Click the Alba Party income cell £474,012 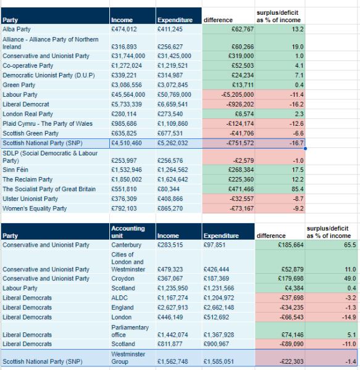123,29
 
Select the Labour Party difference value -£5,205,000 237,94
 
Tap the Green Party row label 19,85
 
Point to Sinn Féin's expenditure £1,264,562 172,170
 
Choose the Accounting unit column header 128,232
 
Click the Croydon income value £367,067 170,279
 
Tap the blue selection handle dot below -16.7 305,149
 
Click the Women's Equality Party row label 35,208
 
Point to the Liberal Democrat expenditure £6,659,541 172,104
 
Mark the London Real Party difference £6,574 245,114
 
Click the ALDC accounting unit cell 119,298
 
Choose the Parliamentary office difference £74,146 292,335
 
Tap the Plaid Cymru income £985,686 123,124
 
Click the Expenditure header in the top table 175,20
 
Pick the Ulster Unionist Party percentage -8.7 298,199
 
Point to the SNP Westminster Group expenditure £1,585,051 219,362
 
